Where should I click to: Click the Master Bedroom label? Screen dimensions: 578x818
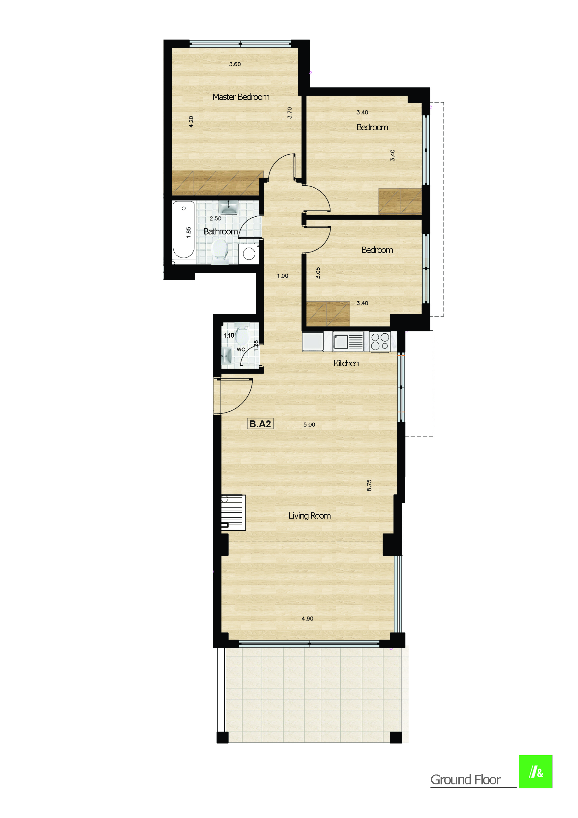pos(241,97)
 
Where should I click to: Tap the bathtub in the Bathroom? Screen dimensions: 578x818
pos(184,229)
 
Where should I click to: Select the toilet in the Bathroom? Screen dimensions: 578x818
pos(220,251)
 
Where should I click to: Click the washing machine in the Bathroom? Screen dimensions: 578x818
pos(248,254)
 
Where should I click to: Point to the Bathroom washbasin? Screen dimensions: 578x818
pos(228,207)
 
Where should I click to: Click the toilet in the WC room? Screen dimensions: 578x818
pos(242,334)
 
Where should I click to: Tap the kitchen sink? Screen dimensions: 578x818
pos(341,342)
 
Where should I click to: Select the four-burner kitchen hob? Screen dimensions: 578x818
pos(380,341)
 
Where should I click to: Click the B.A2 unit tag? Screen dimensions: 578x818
pos(260,424)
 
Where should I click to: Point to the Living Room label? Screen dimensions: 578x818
pos(309,516)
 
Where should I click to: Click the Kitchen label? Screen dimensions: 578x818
pos(346,363)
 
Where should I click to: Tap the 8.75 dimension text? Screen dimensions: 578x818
pos(369,485)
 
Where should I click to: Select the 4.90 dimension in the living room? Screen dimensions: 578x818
pos(307,619)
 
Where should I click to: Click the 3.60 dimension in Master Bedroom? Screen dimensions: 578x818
pos(235,64)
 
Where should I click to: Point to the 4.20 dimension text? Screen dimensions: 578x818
pos(191,121)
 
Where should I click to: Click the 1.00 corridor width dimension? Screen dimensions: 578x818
pos(282,276)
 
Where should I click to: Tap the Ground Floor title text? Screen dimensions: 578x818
pos(465,780)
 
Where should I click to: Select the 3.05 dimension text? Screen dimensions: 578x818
pos(318,273)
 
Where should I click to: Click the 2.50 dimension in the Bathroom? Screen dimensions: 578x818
pos(216,218)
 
